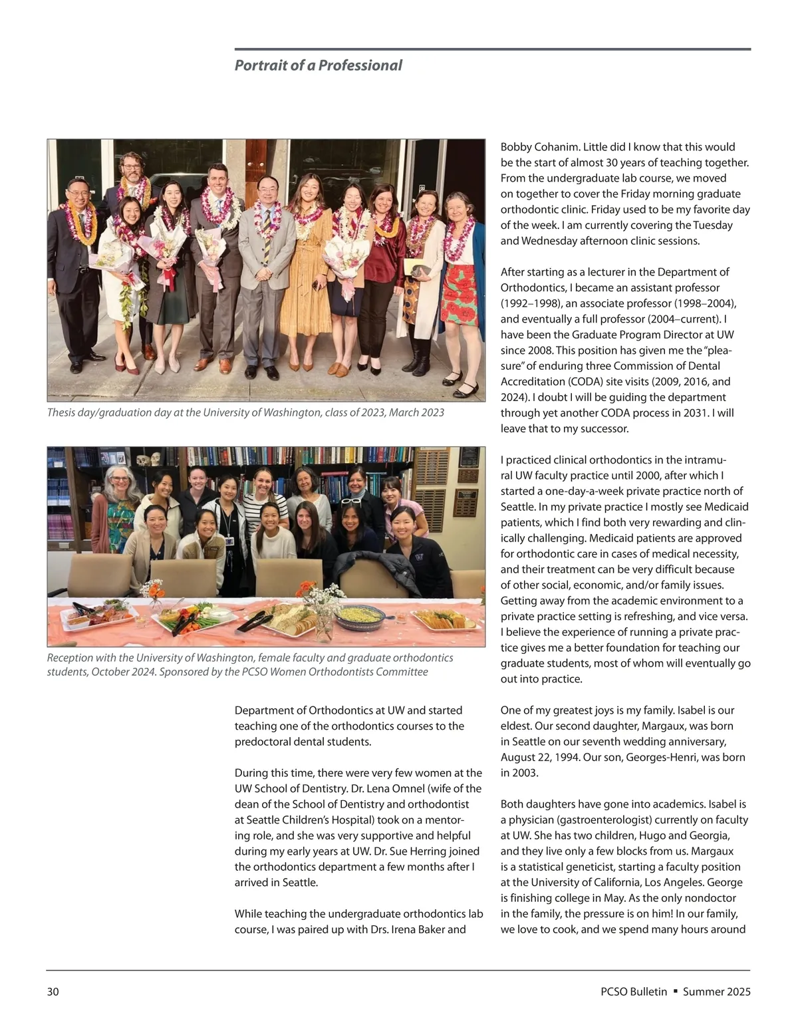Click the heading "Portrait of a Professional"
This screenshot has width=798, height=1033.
pyautogui.click(x=318, y=65)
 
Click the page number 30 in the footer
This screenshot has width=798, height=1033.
pyautogui.click(x=53, y=992)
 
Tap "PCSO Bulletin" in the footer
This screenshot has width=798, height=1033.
pyautogui.click(x=633, y=992)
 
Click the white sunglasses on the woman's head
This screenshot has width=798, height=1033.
pyautogui.click(x=352, y=501)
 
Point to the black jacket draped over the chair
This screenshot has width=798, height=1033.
pyautogui.click(x=376, y=571)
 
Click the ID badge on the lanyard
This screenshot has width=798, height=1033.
pyautogui.click(x=229, y=541)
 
